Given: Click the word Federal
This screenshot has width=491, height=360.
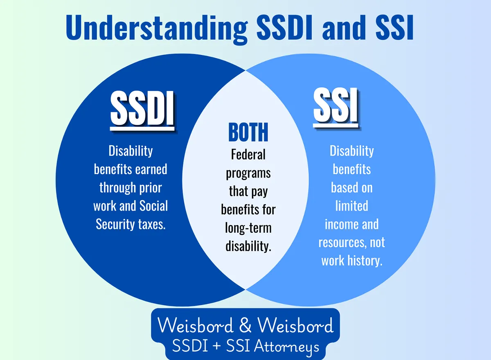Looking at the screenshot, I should pos(248,155).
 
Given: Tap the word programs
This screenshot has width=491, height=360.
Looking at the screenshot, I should pos(248,173).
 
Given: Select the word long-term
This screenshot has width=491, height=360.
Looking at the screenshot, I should pos(248,228).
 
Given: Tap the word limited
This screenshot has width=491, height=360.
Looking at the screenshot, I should pos(352,205).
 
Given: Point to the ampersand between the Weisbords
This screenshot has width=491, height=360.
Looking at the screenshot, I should pos(245,326).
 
